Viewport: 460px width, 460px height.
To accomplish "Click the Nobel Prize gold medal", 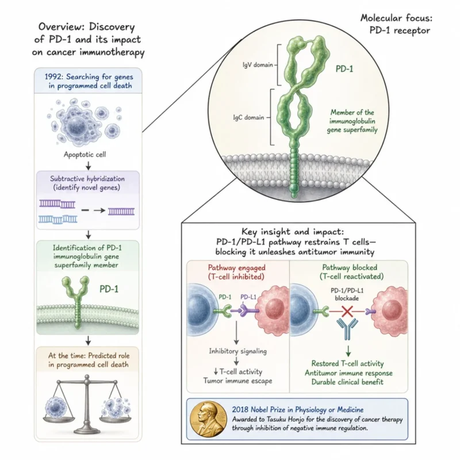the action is (208, 419).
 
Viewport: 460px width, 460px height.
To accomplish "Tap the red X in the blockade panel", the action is (347, 311).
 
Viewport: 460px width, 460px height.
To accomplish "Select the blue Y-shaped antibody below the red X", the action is (347, 328).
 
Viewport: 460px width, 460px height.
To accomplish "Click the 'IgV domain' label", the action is (258, 65).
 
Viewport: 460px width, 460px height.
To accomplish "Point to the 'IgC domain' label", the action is (248, 117).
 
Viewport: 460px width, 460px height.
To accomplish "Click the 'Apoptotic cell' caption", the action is (85, 154).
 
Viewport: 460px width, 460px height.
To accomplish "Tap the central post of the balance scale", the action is (87, 405).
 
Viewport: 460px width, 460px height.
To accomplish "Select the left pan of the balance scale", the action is (59, 420).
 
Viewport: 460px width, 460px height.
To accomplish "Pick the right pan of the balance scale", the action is (116, 419).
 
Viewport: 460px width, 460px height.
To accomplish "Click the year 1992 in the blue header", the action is (53, 77).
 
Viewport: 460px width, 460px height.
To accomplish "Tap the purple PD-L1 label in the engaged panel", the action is (248, 297).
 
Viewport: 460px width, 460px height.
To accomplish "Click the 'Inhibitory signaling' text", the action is (238, 351).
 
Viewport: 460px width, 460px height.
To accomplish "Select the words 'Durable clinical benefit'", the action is (347, 382).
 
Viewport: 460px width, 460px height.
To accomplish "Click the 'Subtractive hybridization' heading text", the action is (87, 179).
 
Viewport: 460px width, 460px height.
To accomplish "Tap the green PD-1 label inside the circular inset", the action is (344, 69).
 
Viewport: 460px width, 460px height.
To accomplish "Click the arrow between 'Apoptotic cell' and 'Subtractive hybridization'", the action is (88, 166).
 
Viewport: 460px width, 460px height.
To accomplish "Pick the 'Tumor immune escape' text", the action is (237, 381).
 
